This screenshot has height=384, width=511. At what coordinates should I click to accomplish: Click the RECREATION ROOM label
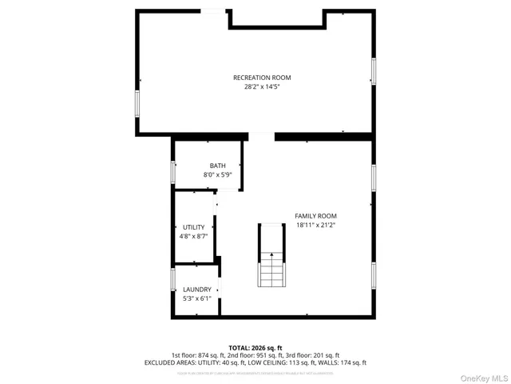pyautogui.click(x=262, y=78)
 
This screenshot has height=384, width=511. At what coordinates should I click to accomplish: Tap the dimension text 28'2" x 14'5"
pyautogui.click(x=262, y=86)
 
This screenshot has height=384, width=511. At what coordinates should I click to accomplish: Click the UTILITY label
pyautogui.click(x=194, y=227)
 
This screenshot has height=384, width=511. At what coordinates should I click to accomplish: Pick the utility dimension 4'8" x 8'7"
pyautogui.click(x=194, y=236)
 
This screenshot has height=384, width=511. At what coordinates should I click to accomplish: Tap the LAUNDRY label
pyautogui.click(x=197, y=290)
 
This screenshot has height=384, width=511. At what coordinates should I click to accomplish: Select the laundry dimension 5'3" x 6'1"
pyautogui.click(x=197, y=298)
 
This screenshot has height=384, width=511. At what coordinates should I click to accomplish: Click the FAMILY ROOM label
pyautogui.click(x=315, y=216)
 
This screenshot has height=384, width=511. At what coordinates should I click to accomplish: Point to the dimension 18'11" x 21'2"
pyautogui.click(x=315, y=225)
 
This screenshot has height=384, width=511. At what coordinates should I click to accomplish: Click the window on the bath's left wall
pyautogui.click(x=173, y=172)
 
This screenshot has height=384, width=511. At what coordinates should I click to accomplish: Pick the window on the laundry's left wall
pyautogui.click(x=173, y=279)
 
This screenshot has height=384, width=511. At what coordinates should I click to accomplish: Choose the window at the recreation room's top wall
pyautogui.click(x=212, y=10)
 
